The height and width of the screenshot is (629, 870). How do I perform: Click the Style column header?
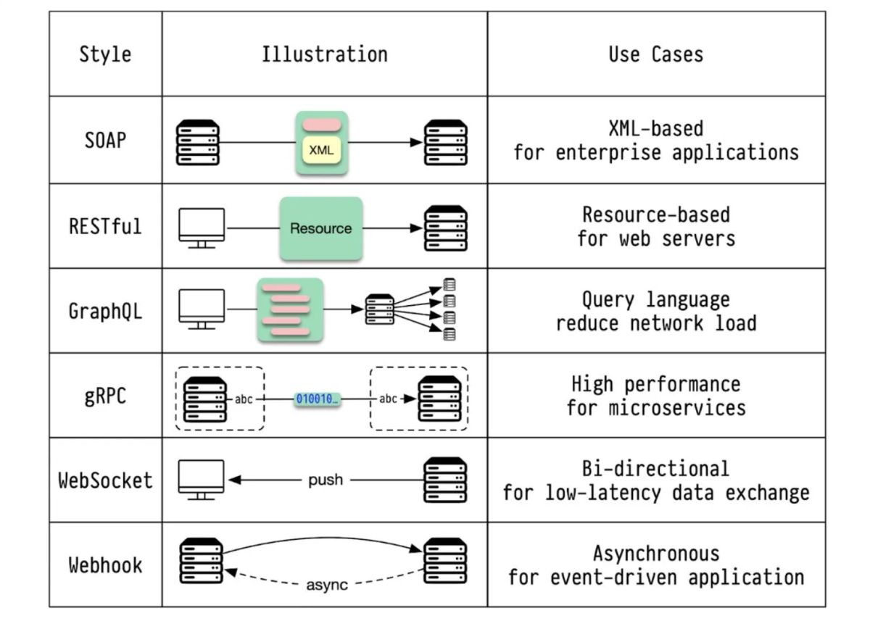(x=105, y=54)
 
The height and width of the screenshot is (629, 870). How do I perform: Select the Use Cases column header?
(x=655, y=54)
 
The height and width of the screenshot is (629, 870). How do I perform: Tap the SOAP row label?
(x=105, y=140)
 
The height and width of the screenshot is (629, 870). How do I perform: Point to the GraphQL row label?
(x=105, y=311)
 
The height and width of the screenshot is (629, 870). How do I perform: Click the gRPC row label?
(x=105, y=396)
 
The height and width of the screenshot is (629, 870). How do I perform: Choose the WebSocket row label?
(x=105, y=480)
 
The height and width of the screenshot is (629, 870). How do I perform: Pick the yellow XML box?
(x=321, y=151)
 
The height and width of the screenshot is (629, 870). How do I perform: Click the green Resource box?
(x=321, y=228)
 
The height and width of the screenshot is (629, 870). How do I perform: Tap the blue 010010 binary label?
(x=317, y=399)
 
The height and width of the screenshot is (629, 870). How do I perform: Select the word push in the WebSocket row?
(x=325, y=480)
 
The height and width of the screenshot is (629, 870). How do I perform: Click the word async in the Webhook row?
(x=326, y=584)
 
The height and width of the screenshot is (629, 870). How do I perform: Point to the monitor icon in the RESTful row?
(x=202, y=228)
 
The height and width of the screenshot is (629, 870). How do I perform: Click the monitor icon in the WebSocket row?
(x=202, y=479)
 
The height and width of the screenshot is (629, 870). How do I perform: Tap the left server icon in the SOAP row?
(x=198, y=143)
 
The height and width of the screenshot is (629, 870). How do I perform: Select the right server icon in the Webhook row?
(x=445, y=560)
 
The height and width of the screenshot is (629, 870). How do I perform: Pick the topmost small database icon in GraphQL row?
(x=449, y=285)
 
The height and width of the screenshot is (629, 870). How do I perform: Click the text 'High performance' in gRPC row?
(x=655, y=384)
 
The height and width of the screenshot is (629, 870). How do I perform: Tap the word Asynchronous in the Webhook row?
(x=655, y=554)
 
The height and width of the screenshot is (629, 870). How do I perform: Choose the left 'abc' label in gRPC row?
(x=244, y=399)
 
